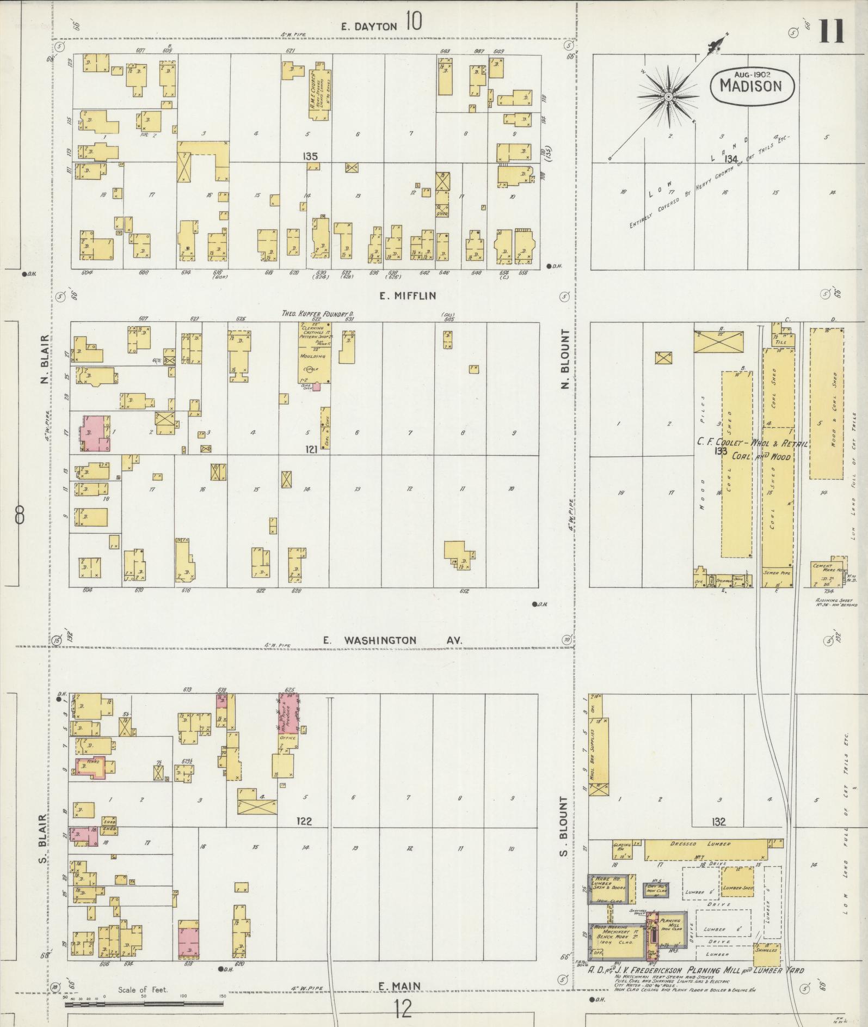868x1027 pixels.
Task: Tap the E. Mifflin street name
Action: click(408, 296)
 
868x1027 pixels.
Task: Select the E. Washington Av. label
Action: click(392, 640)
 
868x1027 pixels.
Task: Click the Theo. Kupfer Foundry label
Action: click(317, 314)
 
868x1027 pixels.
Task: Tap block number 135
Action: click(310, 157)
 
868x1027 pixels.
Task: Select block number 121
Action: click(311, 449)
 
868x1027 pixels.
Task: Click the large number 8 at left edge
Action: click(20, 515)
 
